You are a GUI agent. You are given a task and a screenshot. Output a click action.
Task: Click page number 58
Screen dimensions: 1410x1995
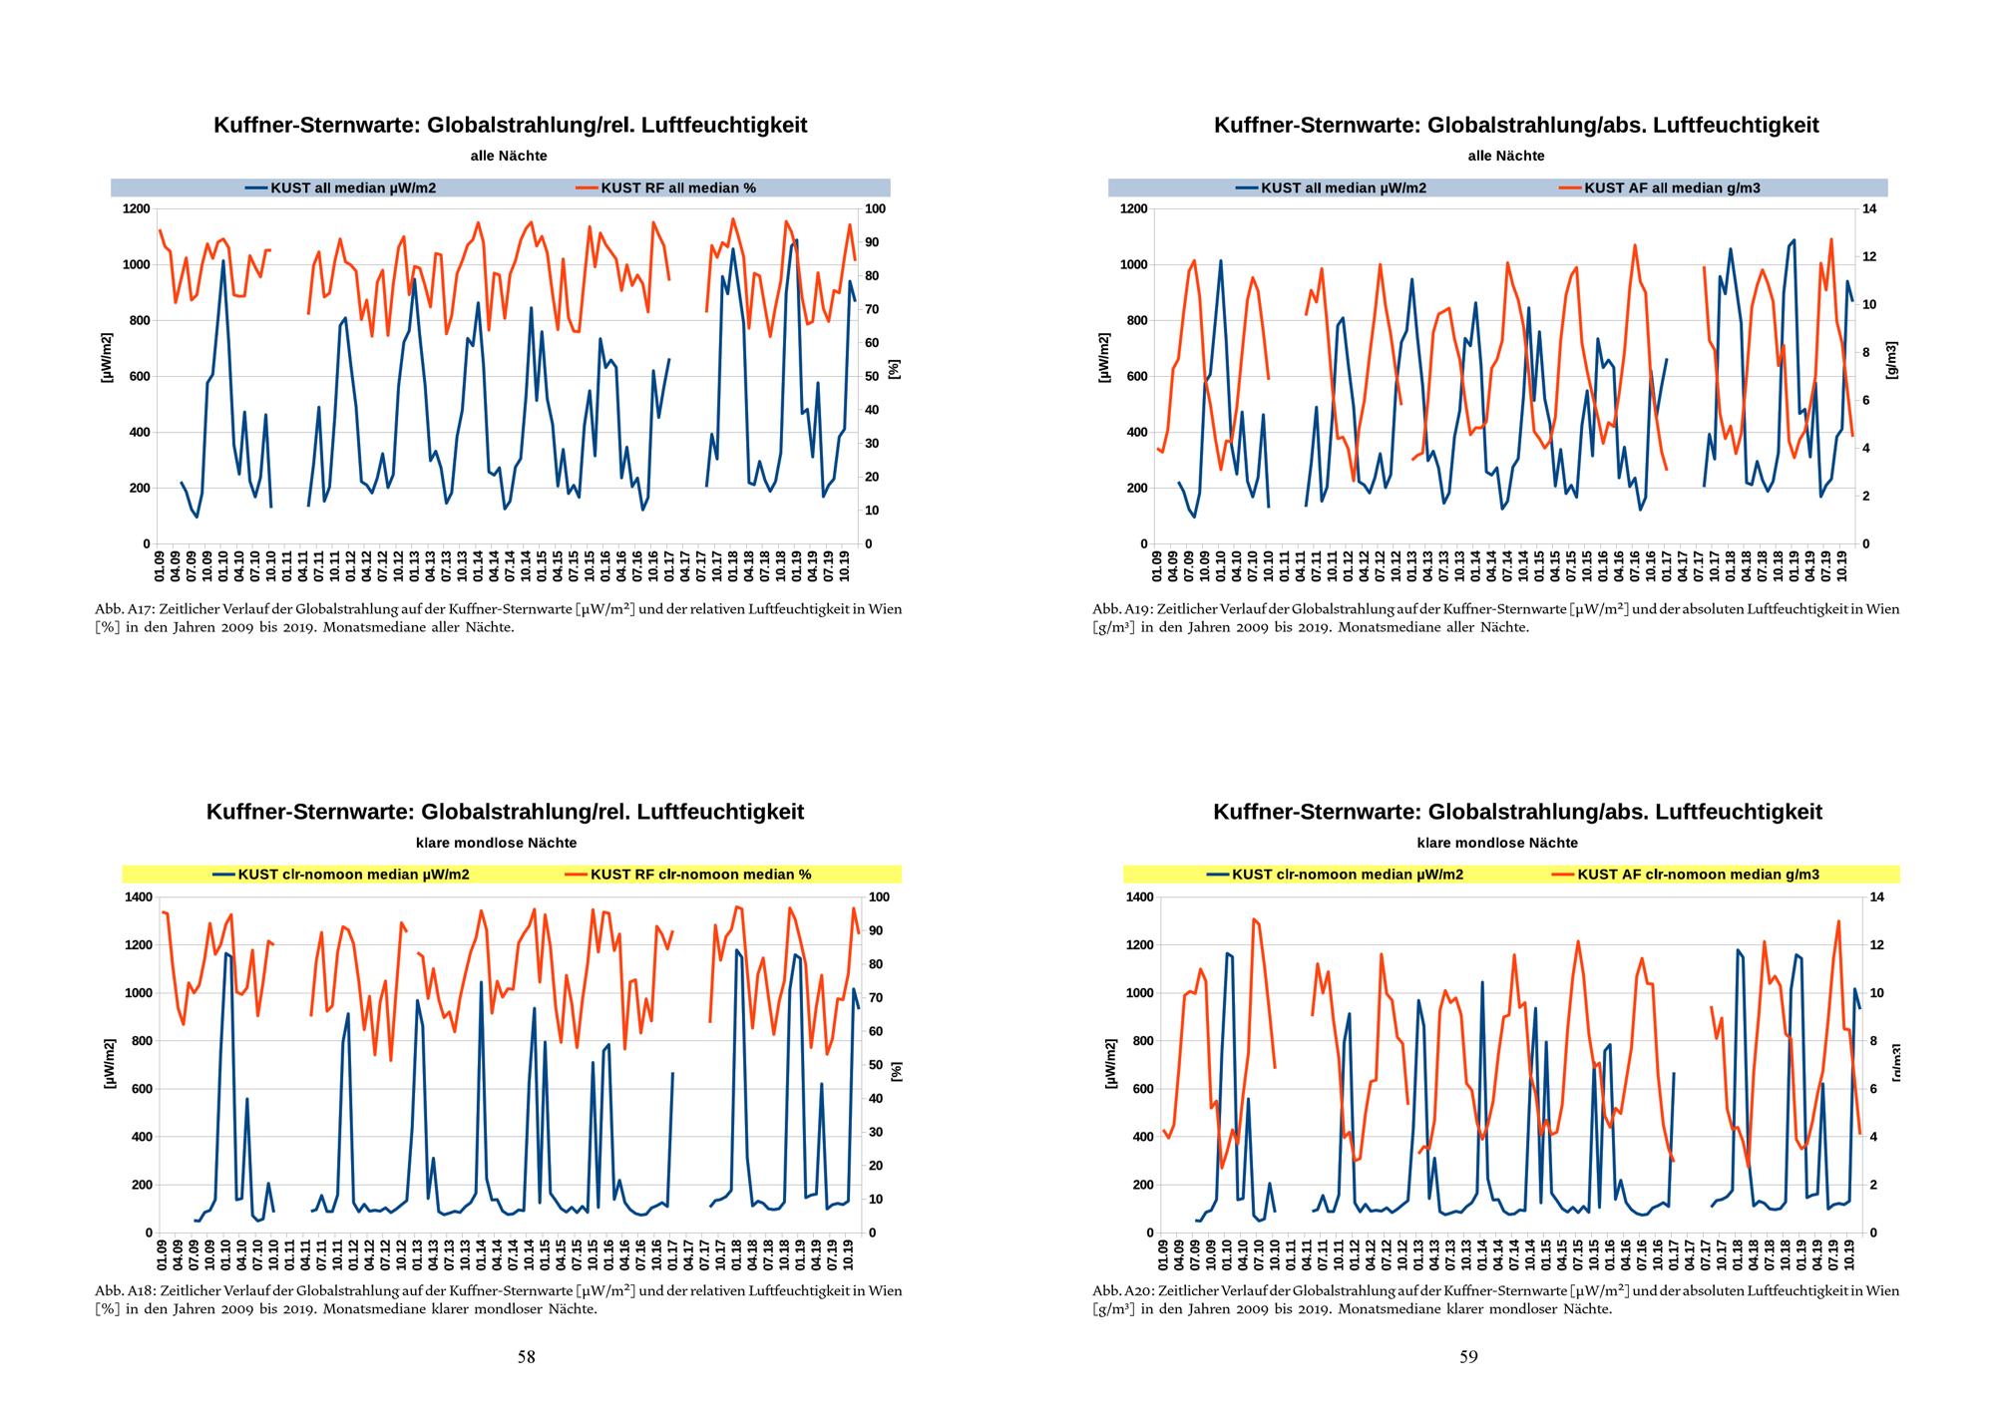(526, 1356)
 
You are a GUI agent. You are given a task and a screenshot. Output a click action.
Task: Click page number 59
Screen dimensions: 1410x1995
(1468, 1356)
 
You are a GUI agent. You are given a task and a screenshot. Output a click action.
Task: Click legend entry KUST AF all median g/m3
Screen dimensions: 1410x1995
(1672, 187)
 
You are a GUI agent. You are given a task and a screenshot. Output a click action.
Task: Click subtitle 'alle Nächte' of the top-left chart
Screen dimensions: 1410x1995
(509, 156)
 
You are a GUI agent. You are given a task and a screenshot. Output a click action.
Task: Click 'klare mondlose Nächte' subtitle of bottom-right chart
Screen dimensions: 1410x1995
(1497, 843)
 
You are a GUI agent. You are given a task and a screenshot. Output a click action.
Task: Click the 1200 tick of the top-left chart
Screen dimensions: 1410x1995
(136, 208)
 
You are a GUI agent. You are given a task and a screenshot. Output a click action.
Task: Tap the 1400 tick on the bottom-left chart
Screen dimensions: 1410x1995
(137, 897)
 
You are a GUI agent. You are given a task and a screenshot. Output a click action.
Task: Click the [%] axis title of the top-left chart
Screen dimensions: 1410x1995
(895, 369)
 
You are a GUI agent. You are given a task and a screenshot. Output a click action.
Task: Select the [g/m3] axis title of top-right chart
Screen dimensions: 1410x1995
(1892, 360)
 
